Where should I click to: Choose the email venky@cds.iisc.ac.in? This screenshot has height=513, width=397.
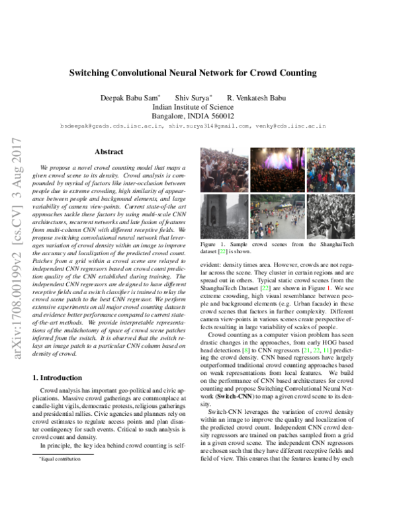click(x=285, y=124)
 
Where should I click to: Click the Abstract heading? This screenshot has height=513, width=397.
click(x=109, y=152)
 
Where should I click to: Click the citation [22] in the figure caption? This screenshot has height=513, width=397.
click(x=220, y=252)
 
